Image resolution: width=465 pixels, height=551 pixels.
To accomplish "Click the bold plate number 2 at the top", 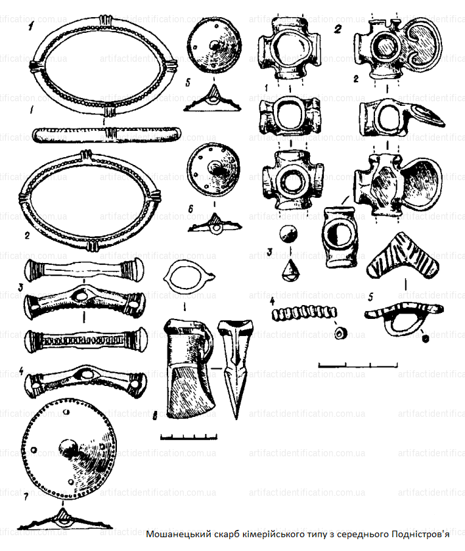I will click(338, 28).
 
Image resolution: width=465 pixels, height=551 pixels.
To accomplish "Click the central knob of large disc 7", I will click(67, 449).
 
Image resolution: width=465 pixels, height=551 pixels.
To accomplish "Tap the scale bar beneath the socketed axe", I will click(188, 435).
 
